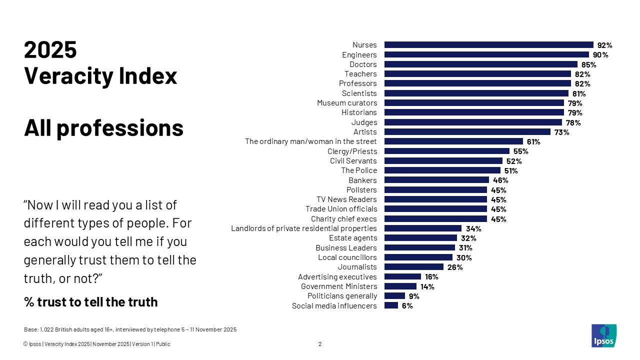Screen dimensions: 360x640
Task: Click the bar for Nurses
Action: pos(488,45)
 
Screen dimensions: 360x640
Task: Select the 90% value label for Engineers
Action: pos(600,55)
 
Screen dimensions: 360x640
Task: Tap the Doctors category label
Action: pos(363,64)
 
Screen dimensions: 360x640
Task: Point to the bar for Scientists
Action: pos(476,93)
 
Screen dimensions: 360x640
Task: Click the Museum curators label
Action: pos(347,103)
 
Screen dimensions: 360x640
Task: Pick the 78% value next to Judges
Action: pos(573,122)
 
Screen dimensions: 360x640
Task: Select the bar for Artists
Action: pos(467,132)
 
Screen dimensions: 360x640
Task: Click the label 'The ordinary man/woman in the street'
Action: pos(310,141)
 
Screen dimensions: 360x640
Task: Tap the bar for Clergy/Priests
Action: pos(446,151)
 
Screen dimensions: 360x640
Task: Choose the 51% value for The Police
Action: pos(511,170)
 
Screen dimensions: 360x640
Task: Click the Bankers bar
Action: pos(436,180)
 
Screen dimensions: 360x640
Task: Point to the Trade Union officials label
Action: pos(341,209)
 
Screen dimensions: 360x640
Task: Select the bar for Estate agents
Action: pos(420,238)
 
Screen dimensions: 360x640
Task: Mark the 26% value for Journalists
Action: pos(455,267)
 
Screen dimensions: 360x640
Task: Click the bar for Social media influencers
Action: pos(391,305)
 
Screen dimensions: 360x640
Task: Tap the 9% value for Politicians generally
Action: pos(414,296)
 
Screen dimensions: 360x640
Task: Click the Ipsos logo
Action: pos(603,335)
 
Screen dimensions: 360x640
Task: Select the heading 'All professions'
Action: pos(104,128)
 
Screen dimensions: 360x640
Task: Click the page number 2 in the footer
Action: pos(320,344)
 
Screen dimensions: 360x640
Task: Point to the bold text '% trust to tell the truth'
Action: pos(90,302)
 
